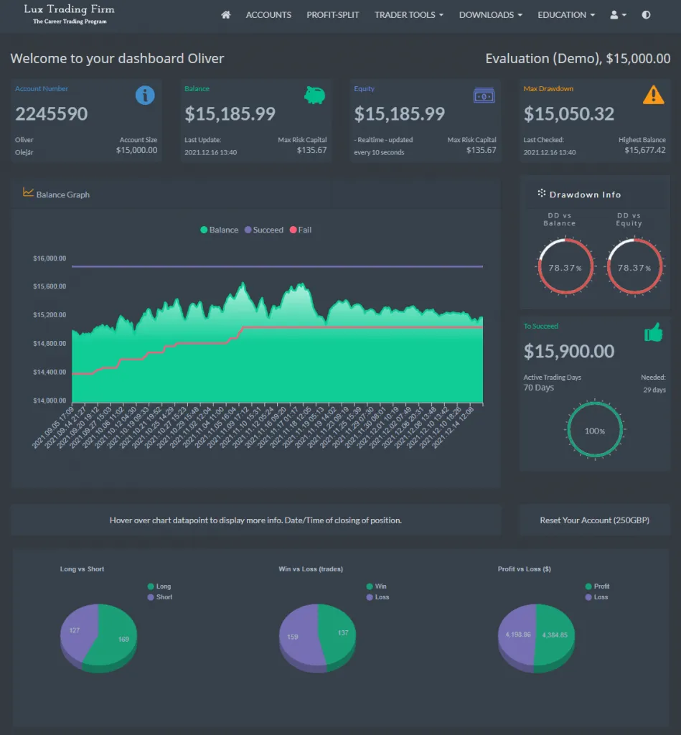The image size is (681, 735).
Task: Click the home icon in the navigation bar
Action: (226, 14)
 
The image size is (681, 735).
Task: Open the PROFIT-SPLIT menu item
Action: (332, 14)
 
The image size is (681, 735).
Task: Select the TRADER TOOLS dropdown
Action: (408, 14)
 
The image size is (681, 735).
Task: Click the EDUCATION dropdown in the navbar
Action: (565, 14)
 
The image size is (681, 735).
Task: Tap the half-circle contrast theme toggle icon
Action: (646, 14)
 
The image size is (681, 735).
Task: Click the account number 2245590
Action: (52, 113)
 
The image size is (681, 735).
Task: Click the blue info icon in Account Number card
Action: (145, 95)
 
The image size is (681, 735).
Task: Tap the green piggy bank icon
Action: (314, 95)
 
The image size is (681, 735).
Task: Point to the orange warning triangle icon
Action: (653, 95)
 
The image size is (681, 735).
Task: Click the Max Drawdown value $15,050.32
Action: (569, 113)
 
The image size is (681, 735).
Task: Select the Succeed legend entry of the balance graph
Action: (263, 230)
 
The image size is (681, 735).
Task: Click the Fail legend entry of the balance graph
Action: (300, 230)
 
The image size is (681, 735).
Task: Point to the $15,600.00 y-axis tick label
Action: (49, 286)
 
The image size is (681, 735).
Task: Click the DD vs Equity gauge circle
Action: (629, 267)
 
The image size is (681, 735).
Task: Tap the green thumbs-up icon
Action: (653, 332)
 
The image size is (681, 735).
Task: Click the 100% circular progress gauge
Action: (594, 431)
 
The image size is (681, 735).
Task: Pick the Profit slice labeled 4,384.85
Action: (554, 635)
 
